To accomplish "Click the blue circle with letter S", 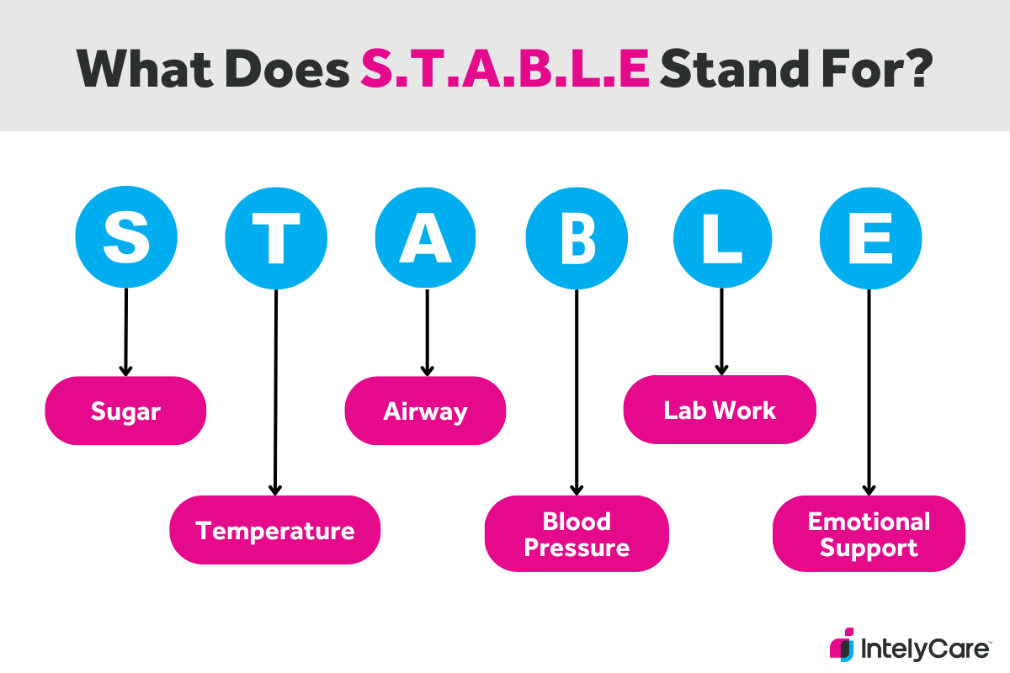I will coord(125,238).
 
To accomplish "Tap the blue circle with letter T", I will coord(276,238).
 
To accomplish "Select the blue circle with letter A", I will coord(426,238).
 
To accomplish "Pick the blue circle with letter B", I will coord(577,238).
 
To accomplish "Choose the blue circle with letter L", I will coord(722,238).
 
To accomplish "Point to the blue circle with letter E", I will coord(870,238).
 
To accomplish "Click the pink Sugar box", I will coord(125,411).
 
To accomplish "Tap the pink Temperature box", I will coord(275,530).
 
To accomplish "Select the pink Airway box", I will coord(425,411).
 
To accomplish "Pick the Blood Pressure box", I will coord(577,534).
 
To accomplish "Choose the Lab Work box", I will coord(720,410).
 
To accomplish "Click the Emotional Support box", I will coord(869,534).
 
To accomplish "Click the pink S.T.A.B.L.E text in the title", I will coord(505,66).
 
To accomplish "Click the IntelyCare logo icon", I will coord(842,644).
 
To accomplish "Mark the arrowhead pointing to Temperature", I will coord(275,489).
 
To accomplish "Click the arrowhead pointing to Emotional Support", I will coord(869,489).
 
